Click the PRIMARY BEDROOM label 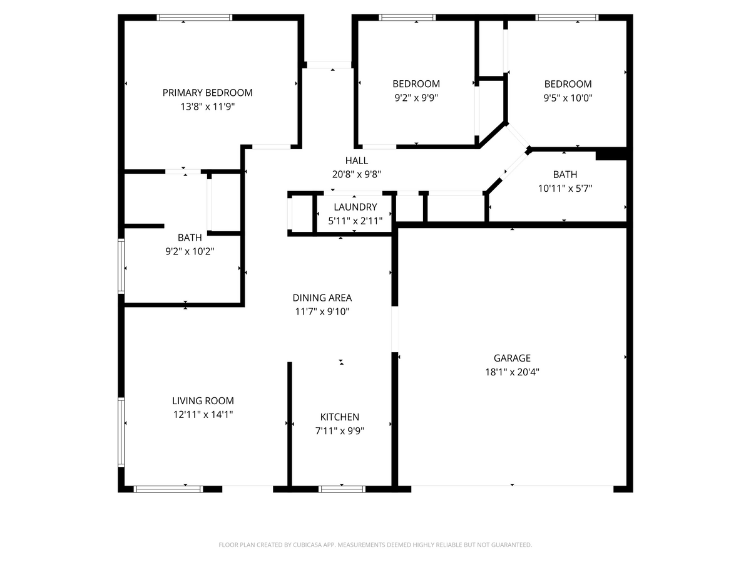pos(207,93)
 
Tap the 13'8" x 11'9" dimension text pos(207,107)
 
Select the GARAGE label pos(512,358)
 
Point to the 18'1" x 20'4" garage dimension pos(512,372)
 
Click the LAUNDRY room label pos(355,207)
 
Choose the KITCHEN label pos(339,417)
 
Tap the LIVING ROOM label pos(203,400)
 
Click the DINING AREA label pos(322,298)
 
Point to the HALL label pos(357,160)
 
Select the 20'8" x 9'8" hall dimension pos(357,175)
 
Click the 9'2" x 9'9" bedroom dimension pos(416,98)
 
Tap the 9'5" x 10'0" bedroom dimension pos(568,98)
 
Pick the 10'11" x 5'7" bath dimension pos(565,189)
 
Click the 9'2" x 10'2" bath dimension pos(190,252)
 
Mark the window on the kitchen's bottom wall pos(342,489)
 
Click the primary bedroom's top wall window pos(195,18)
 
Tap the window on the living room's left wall pos(121,432)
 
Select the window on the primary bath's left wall pos(121,266)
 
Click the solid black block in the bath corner pos(611,154)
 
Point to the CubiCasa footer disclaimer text pos(375,545)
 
